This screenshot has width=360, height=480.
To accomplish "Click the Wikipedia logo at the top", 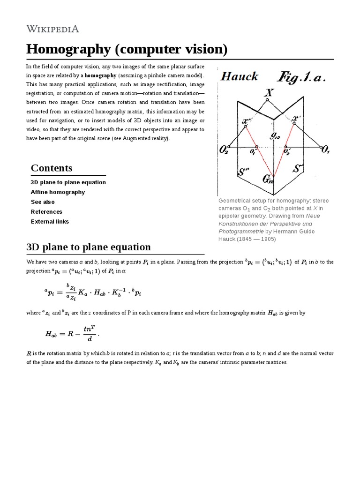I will coord(52,29).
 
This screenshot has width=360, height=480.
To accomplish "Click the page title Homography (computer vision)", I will coord(127,49).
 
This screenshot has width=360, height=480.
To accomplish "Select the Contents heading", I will coord(52,168).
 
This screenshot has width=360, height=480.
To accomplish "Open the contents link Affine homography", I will coord(58,192).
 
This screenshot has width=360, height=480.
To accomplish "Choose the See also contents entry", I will coord(43,202).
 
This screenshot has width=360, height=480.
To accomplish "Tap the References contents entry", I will coord(46,212).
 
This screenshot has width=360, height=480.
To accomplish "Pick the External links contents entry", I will coord(50,222).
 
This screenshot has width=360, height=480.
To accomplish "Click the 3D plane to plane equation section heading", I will coord(89,247).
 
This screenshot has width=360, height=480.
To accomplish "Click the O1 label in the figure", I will coord(324,150).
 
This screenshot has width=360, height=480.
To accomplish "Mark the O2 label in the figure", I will coord(225,150).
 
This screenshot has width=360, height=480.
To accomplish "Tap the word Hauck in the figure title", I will coord(239,76).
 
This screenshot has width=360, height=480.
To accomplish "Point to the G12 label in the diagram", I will coord(268,179).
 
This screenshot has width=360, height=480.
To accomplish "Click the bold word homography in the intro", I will coord(100,75).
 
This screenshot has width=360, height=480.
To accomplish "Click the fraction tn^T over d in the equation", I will coord(89,334).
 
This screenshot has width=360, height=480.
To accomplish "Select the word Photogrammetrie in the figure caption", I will coord(240,231).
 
